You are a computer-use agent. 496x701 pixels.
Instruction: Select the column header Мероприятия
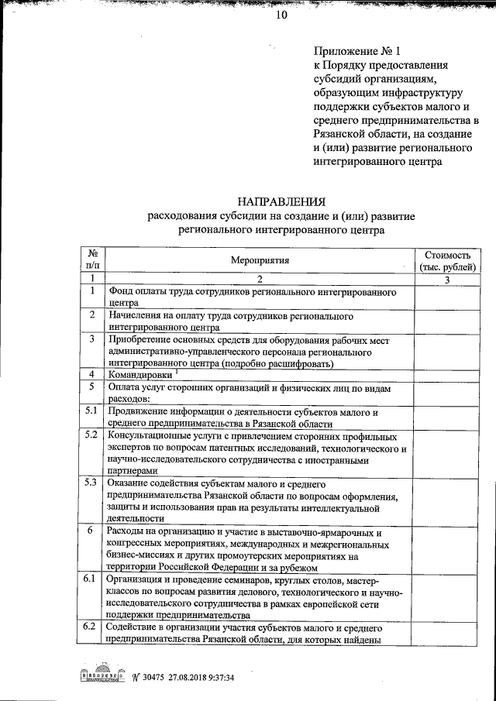pyautogui.click(x=260, y=262)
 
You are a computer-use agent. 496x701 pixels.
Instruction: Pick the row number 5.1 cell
pyautogui.click(x=92, y=411)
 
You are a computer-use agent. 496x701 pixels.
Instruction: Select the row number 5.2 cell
pyautogui.click(x=92, y=435)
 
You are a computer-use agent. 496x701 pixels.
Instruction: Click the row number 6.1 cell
pyautogui.click(x=92, y=579)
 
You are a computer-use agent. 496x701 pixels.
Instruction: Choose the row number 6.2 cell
pyautogui.click(x=92, y=627)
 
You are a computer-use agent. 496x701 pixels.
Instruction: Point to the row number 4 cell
pyautogui.click(x=92, y=374)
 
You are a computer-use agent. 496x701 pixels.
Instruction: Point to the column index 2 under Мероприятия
pyautogui.click(x=260, y=279)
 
